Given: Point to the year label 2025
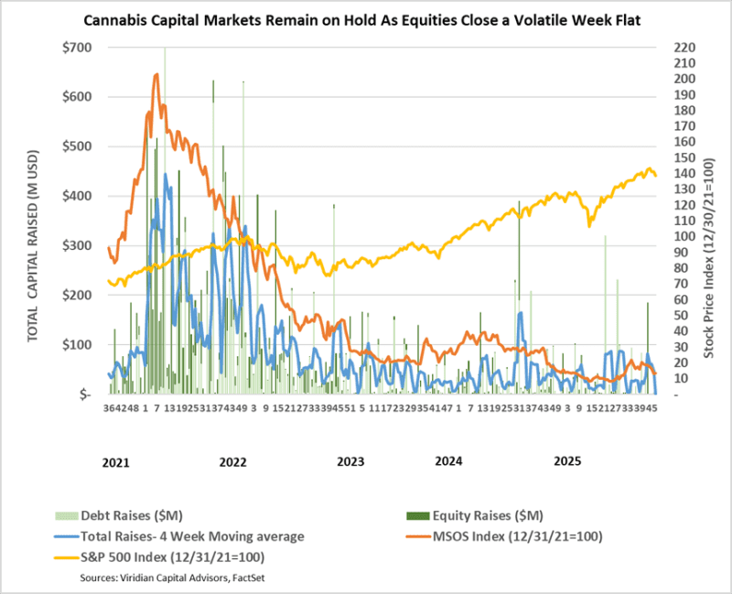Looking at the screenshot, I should pyautogui.click(x=568, y=461).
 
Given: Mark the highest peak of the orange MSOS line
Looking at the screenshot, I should pyautogui.click(x=156, y=74).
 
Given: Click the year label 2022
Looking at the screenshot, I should pyautogui.click(x=233, y=461).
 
